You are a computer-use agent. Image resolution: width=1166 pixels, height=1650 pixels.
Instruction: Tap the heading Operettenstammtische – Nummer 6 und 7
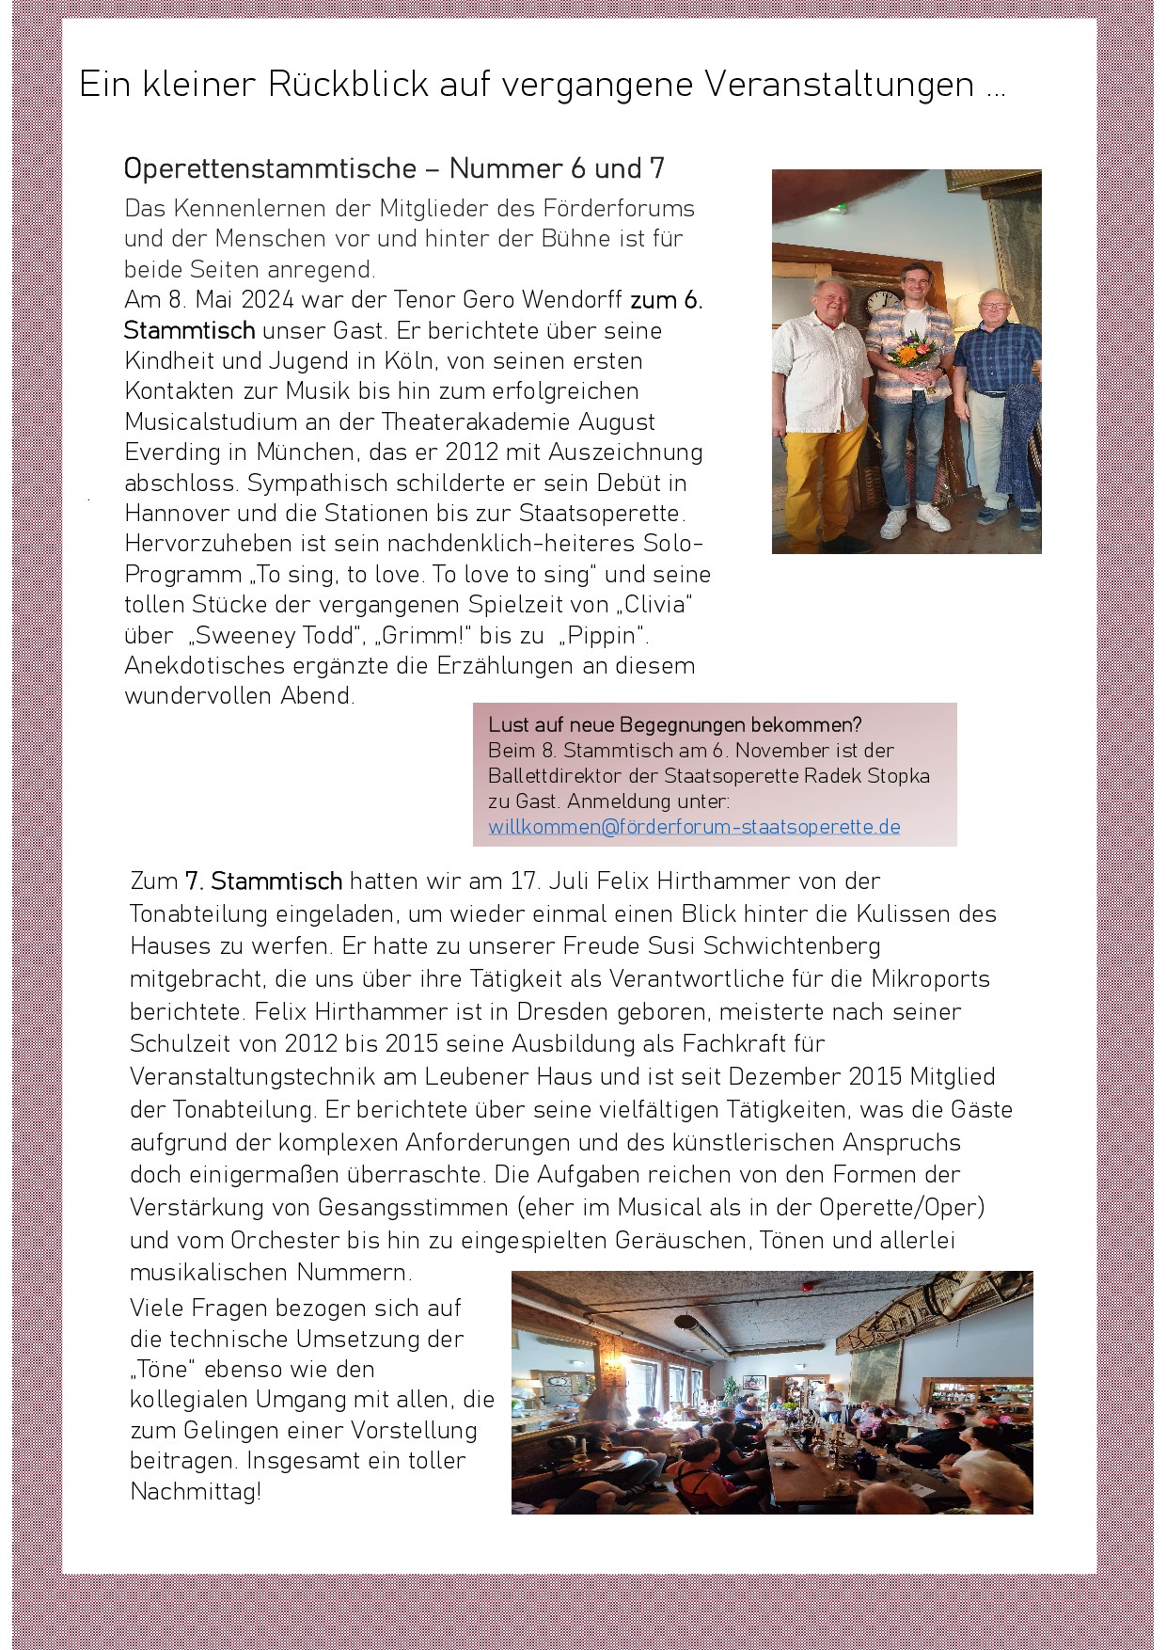pyautogui.click(x=394, y=168)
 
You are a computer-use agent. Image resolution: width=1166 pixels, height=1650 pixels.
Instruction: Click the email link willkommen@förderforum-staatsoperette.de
pyautogui.click(x=694, y=827)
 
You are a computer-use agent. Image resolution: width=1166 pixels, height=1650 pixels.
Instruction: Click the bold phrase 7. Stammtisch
pyautogui.click(x=263, y=881)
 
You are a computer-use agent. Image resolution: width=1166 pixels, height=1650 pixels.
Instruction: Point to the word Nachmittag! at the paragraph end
pyautogui.click(x=196, y=1491)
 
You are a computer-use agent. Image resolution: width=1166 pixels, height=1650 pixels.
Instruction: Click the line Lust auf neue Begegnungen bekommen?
pyautogui.click(x=674, y=725)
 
